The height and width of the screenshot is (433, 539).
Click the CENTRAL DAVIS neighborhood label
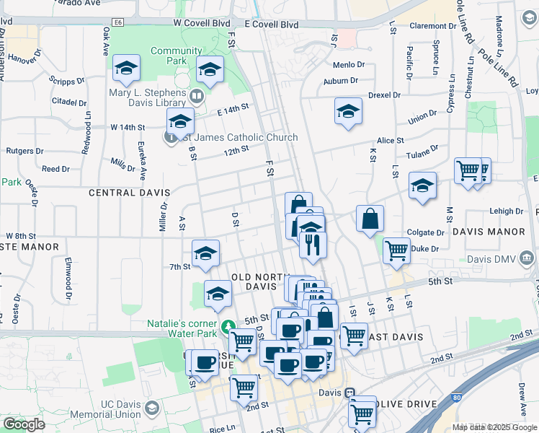(x=129, y=193)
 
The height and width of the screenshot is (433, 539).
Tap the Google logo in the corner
(x=23, y=424)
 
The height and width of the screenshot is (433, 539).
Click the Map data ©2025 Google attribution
(x=494, y=427)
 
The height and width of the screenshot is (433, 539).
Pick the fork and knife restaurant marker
(x=313, y=245)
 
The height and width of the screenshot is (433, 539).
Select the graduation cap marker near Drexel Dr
(x=348, y=111)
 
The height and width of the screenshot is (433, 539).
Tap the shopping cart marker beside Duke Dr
(x=396, y=250)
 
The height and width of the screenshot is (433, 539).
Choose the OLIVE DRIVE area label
(x=404, y=396)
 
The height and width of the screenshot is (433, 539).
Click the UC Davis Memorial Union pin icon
(x=152, y=408)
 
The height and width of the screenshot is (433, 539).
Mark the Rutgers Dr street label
(x=21, y=151)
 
